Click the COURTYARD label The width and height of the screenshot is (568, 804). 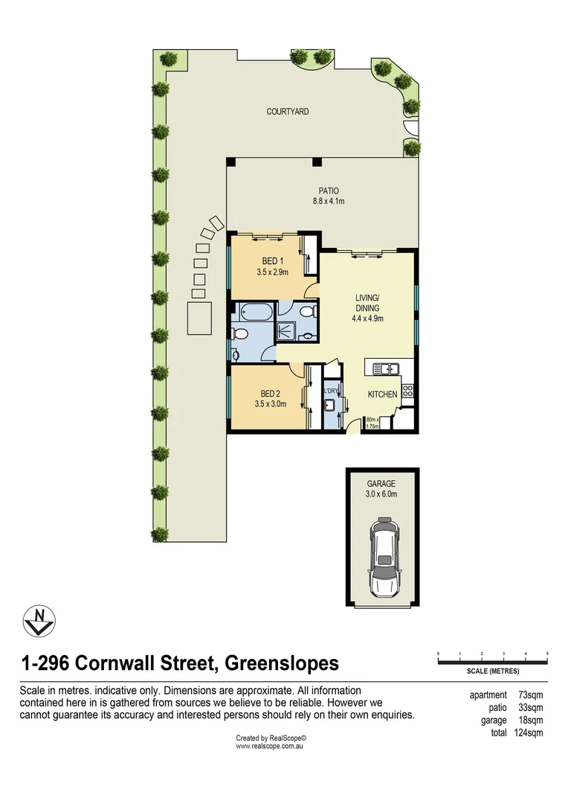[x=287, y=111]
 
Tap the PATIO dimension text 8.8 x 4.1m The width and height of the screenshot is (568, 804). [x=329, y=201]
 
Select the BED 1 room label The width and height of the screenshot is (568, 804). [x=272, y=261]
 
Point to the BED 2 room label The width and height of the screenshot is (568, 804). [x=271, y=394]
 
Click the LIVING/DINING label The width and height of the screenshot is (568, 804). [x=367, y=302]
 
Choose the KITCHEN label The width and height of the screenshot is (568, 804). [x=383, y=395]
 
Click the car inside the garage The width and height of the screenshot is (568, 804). [x=383, y=558]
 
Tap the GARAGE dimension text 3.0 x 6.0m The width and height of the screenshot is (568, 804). [x=381, y=494]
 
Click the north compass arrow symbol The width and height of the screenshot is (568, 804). [x=39, y=621]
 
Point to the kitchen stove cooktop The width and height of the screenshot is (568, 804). [x=407, y=392]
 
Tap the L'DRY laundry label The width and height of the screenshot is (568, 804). [x=331, y=392]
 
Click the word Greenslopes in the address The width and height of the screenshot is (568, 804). [x=283, y=663]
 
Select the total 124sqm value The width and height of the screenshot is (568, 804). [x=529, y=733]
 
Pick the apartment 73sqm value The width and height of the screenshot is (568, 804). [x=531, y=695]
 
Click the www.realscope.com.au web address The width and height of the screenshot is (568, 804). [x=269, y=747]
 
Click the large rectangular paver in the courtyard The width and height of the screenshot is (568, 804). [x=200, y=319]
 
